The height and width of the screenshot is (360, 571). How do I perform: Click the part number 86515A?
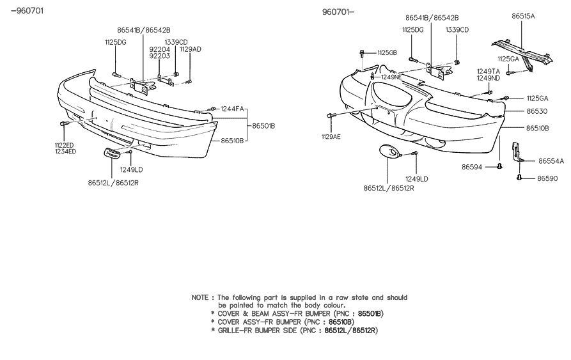pyautogui.click(x=522, y=17)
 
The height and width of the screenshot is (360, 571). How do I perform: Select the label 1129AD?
pyautogui.click(x=190, y=49)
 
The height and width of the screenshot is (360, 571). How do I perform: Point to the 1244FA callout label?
pyautogui.click(x=232, y=109)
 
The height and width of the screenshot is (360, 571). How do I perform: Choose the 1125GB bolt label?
pyautogui.click(x=387, y=52)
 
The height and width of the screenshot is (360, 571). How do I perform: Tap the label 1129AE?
pyautogui.click(x=331, y=136)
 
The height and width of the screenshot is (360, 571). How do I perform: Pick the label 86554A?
pyautogui.click(x=551, y=161)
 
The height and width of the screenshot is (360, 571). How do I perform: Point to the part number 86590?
pyautogui.click(x=548, y=178)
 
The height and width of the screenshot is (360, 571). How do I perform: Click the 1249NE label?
pyautogui.click(x=391, y=77)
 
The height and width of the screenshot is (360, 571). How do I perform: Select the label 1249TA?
pyautogui.click(x=488, y=71)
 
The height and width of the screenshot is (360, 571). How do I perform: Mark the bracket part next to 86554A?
pyautogui.click(x=517, y=152)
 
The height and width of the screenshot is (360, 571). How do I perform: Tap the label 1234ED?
pyautogui.click(x=65, y=152)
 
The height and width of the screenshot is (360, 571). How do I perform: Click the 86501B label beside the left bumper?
pyautogui.click(x=263, y=125)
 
